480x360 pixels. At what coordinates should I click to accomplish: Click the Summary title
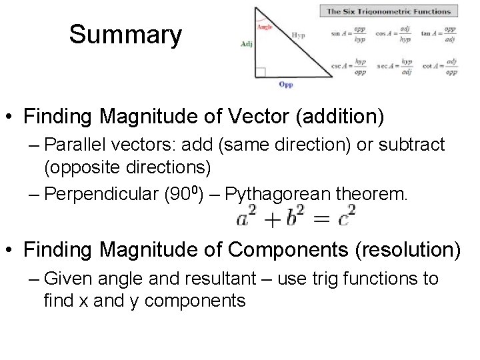coord(125,35)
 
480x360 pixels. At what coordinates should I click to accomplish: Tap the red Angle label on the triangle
coord(265,27)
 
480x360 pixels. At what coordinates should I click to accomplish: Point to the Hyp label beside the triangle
coord(298,35)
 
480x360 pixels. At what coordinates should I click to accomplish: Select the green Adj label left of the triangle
coord(247,44)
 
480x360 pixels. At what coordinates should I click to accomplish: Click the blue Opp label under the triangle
coord(285,85)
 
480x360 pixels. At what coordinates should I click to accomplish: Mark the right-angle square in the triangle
coord(260,72)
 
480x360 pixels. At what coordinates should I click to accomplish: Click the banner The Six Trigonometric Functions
coord(389,11)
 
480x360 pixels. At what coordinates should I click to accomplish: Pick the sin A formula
coord(348,34)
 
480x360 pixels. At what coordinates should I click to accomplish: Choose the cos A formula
coord(393,34)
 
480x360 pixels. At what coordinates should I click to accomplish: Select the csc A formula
coord(348,67)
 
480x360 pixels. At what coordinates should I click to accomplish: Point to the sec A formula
coord(393,67)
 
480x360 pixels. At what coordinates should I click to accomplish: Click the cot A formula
coord(439,67)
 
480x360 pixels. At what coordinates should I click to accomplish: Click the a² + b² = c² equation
coord(296,218)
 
